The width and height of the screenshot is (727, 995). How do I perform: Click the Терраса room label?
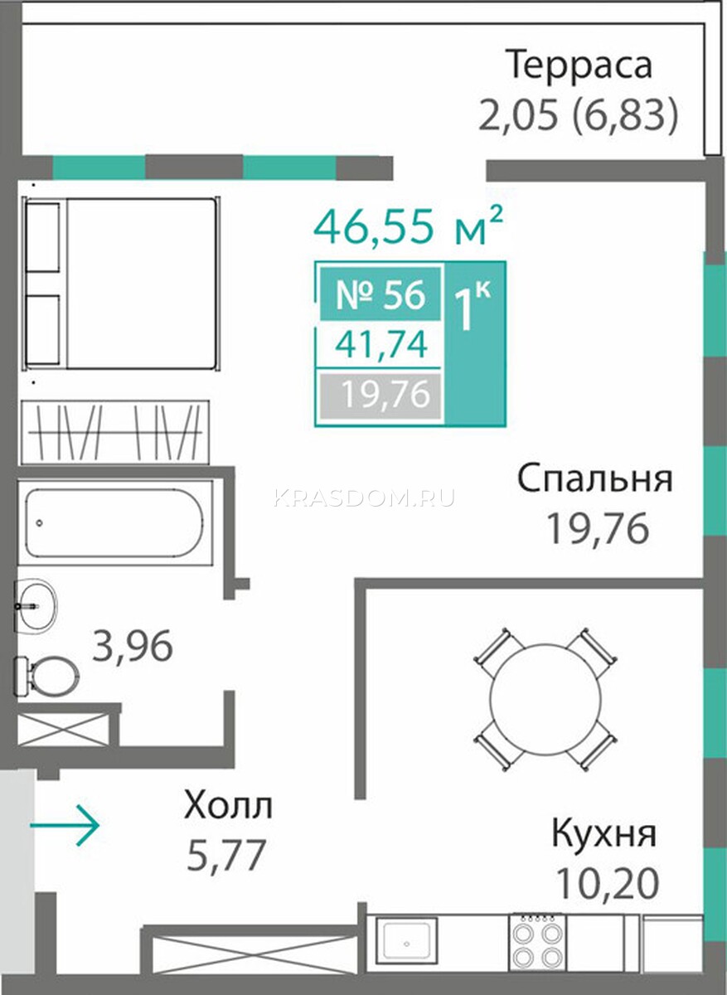[579, 66]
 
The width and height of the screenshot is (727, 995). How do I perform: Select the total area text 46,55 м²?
[409, 226]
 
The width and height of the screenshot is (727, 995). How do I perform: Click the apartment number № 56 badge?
[380, 294]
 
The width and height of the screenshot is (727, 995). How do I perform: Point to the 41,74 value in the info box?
[381, 345]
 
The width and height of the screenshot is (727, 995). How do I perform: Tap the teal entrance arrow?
[65, 825]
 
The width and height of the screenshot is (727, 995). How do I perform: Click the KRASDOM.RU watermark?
[364, 498]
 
